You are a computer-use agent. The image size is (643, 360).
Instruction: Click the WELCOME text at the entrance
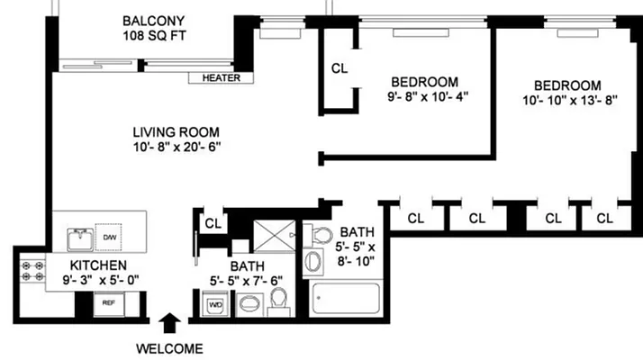[x=169, y=348]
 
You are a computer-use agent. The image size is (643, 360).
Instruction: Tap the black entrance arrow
[x=168, y=323]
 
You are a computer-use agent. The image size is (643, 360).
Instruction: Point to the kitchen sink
[x=78, y=240]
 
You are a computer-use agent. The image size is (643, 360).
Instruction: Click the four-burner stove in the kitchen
[x=33, y=273]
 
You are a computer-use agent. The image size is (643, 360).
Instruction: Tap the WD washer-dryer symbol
[x=216, y=305]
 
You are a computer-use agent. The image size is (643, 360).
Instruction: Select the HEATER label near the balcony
[x=221, y=78]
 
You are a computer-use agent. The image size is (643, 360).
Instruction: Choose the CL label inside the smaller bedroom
[x=340, y=68]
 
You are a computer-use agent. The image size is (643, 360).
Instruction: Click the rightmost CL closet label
[x=604, y=218]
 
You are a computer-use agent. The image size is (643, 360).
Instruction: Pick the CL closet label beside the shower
[x=213, y=223]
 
